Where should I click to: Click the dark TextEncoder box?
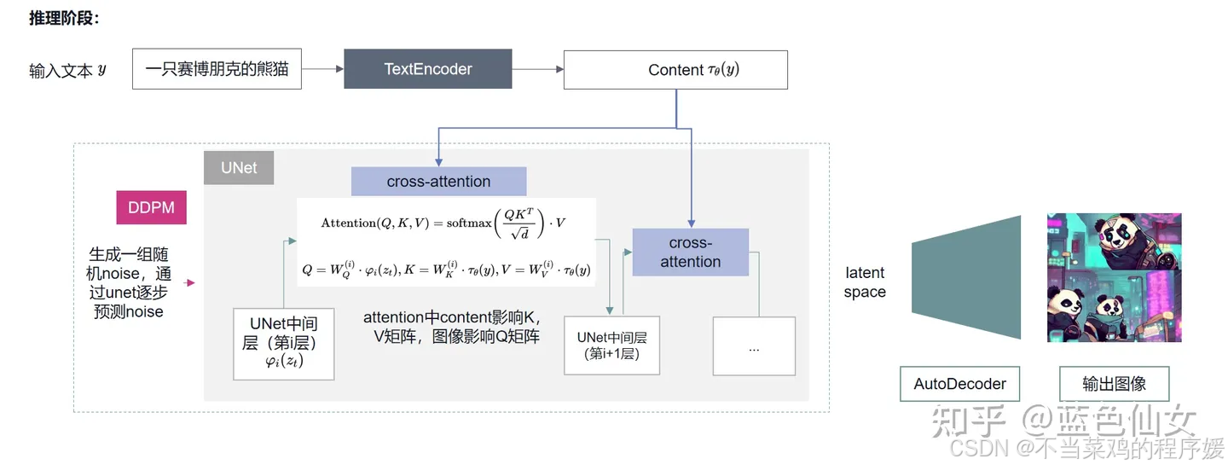coord(427,69)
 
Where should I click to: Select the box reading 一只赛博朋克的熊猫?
coord(217,69)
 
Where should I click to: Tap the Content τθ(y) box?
coord(675,70)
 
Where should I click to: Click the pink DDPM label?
coord(151,207)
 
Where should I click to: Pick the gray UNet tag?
coord(239,168)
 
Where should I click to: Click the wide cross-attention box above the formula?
coord(438,182)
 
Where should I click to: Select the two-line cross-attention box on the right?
coord(690,252)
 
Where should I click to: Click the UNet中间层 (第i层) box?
coord(284,344)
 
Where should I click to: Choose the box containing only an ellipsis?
coord(754,346)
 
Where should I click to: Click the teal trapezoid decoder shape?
coord(966,277)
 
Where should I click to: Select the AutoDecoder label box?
coord(959,384)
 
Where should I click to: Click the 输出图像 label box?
coord(1114,384)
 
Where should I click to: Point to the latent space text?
coord(865,282)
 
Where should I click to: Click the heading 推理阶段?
coord(64,18)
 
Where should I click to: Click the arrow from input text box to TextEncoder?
coord(322,69)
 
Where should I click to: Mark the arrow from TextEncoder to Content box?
coord(537,69)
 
